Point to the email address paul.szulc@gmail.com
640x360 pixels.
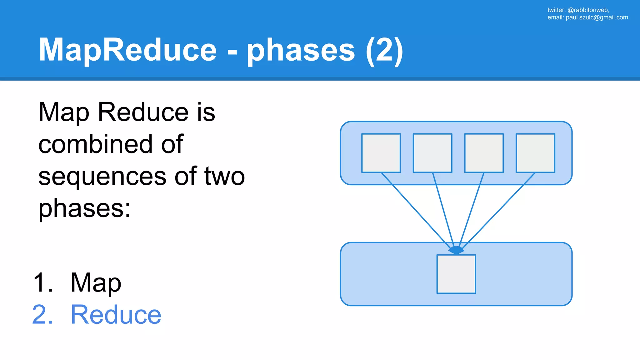coord(597,17)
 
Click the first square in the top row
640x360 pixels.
coord(381,153)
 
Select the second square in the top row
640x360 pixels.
coord(432,153)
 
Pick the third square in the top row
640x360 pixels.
coord(484,153)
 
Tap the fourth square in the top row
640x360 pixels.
coord(535,153)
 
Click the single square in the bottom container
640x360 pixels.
coord(456,274)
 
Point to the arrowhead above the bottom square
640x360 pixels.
coord(456,250)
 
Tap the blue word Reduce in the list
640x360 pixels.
coord(116,315)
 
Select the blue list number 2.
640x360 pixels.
coord(42,315)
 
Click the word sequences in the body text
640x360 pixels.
coord(102,177)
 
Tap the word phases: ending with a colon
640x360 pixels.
coord(84,209)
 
